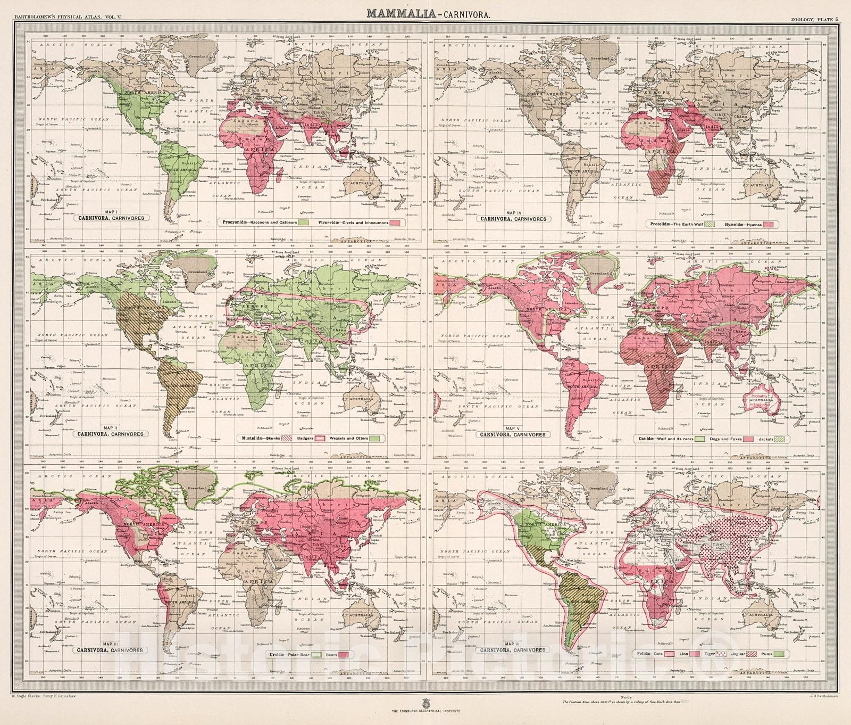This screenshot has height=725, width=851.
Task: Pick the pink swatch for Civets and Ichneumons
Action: pyautogui.click(x=395, y=222)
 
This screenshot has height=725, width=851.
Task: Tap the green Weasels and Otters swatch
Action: pyautogui.click(x=376, y=438)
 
